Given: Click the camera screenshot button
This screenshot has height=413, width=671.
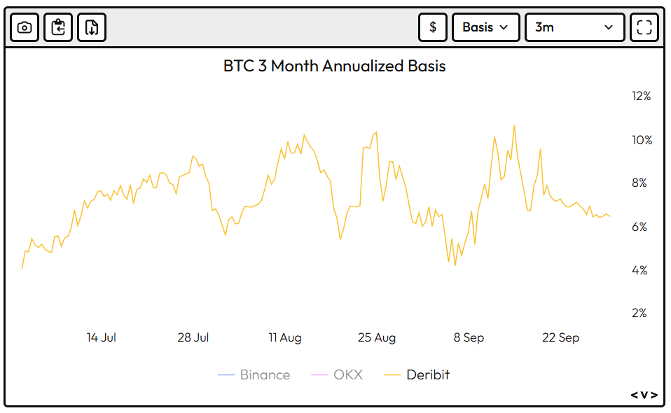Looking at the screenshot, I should click(25, 27).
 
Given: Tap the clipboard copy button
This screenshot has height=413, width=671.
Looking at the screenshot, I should click(58, 27).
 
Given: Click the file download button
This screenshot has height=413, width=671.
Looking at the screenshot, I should click(92, 27).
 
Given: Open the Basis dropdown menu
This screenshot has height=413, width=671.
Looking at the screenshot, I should click(486, 27).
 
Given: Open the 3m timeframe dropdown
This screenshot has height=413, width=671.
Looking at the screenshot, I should click(574, 27).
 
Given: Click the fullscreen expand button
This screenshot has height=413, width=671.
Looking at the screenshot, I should click(644, 27).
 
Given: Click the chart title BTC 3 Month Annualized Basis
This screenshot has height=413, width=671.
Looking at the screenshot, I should click(335, 66).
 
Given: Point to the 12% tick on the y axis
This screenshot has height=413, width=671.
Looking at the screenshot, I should click(641, 97).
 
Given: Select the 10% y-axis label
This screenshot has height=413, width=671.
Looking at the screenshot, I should click(641, 140).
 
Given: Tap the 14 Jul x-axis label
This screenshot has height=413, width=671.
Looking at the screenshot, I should click(102, 337).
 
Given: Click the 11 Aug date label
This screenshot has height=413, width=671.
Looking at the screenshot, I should click(285, 337).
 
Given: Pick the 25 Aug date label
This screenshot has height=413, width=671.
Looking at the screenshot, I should click(377, 337).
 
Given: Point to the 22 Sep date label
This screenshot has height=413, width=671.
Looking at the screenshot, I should click(560, 337).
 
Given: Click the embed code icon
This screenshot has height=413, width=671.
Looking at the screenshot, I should click(644, 395).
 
